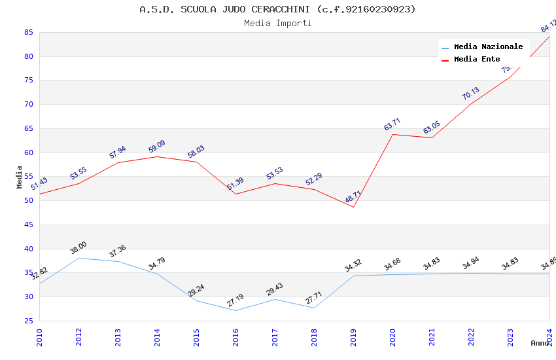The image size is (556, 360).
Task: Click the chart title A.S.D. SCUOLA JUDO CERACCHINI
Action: pyautogui.click(x=277, y=9)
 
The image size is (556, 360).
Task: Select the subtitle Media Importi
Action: pyautogui.click(x=277, y=23)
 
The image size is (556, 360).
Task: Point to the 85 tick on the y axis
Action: pyautogui.click(x=29, y=32)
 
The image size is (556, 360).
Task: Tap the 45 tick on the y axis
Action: pyautogui.click(x=29, y=225)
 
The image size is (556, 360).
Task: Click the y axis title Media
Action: pyautogui.click(x=20, y=177)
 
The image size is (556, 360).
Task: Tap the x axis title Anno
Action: pyautogui.click(x=540, y=343)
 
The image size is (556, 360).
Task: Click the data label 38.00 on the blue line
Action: pyautogui.click(x=78, y=248)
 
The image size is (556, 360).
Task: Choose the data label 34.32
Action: pyautogui.click(x=353, y=266)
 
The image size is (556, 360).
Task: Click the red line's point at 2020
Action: pyautogui.click(x=392, y=134)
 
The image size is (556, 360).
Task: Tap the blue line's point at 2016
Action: pyautogui.click(x=235, y=310)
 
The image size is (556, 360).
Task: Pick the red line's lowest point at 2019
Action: pyautogui.click(x=353, y=207)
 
